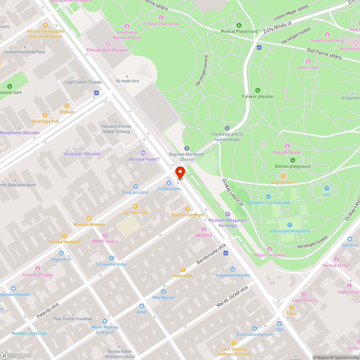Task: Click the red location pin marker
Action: click(x=180, y=172)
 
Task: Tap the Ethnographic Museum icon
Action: click(x=108, y=44)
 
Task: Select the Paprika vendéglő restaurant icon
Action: click(x=187, y=209)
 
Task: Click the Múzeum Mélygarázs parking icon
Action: click(x=227, y=214)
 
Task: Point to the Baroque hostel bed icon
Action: click(x=143, y=153)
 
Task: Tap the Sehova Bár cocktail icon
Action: click(x=183, y=269)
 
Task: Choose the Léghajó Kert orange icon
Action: click(x=283, y=176)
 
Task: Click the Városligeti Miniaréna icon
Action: click(x=289, y=225)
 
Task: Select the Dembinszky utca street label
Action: click(x=211, y=254)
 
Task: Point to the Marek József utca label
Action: click(x=232, y=297)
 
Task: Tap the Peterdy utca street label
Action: click(x=48, y=310)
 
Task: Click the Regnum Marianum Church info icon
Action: click(x=187, y=148)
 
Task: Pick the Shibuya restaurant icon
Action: click(x=67, y=106)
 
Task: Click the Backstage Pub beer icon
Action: click(x=45, y=115)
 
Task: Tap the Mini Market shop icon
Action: click(x=163, y=292)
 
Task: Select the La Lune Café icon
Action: click(x=135, y=206)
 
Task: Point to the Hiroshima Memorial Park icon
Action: click(x=127, y=26)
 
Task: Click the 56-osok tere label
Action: click(x=127, y=81)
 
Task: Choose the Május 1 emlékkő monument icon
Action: click(x=270, y=249)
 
